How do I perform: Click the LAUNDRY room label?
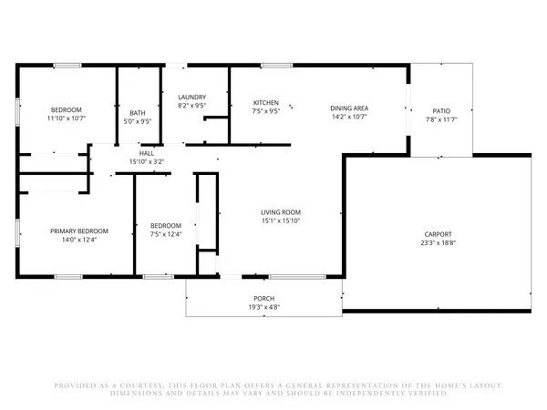[x=191, y=97]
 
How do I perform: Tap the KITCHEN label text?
[x=266, y=102]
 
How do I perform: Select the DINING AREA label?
[x=349, y=108]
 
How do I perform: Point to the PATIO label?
[x=441, y=111]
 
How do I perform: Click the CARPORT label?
[x=439, y=234]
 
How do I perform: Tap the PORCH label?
[x=264, y=299]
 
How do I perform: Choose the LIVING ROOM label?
[x=281, y=212]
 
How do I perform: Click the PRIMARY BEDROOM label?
[x=79, y=231]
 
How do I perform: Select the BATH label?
[x=138, y=113]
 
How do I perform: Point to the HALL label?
[x=147, y=153]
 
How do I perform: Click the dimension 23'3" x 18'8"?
[x=439, y=242]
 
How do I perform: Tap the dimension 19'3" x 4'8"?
[x=264, y=307]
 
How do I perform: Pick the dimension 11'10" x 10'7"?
[x=67, y=118]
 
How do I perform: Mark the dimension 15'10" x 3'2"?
[x=147, y=161]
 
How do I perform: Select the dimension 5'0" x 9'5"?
[x=138, y=121]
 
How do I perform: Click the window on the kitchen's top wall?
[x=276, y=66]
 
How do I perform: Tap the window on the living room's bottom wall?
[x=297, y=277]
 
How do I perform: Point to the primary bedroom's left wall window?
[x=17, y=233]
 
